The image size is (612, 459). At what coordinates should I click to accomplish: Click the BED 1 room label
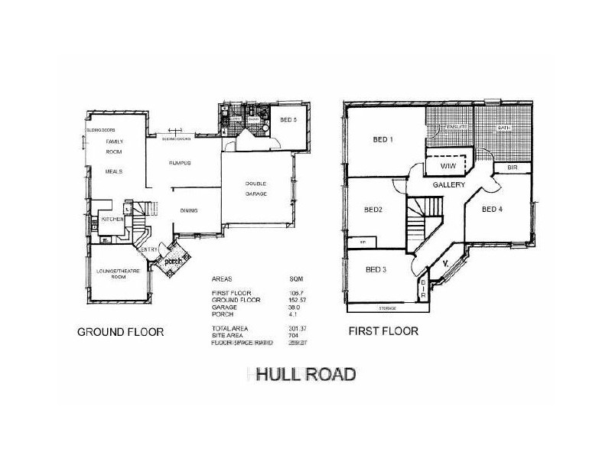pyautogui.click(x=382, y=139)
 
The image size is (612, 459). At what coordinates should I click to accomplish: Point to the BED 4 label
pyautogui.click(x=494, y=208)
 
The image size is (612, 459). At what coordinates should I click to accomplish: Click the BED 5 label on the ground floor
pyautogui.click(x=288, y=120)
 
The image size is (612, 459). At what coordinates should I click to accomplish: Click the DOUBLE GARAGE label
pyautogui.click(x=256, y=188)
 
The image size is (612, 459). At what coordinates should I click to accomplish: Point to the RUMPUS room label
pyautogui.click(x=180, y=164)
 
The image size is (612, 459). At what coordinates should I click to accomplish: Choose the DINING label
pyautogui.click(x=189, y=210)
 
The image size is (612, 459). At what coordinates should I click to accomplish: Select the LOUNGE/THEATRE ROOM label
pyautogui.click(x=119, y=273)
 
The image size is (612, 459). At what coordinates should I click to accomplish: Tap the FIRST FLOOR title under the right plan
pyautogui.click(x=384, y=332)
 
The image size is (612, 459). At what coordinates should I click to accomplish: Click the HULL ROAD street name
pyautogui.click(x=305, y=375)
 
